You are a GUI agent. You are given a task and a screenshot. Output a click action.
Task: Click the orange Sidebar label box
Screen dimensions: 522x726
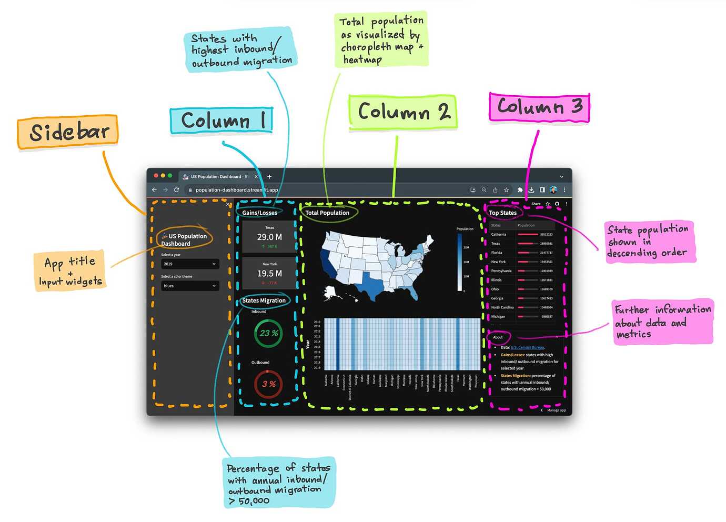pyautogui.click(x=67, y=132)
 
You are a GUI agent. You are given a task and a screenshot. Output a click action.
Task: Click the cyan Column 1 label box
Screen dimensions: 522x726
pyautogui.click(x=221, y=121)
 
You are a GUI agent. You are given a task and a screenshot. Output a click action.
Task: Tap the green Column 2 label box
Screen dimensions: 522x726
pyautogui.click(x=402, y=112)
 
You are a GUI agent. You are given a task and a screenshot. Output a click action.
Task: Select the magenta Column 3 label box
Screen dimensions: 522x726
pyautogui.click(x=539, y=107)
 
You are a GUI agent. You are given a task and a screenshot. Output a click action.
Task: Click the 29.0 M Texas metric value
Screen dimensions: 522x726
pyautogui.click(x=269, y=237)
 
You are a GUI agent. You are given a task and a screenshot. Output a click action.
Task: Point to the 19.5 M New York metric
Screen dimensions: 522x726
pyautogui.click(x=269, y=274)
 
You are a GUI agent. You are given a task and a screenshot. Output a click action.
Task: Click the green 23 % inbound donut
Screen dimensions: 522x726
pyautogui.click(x=268, y=333)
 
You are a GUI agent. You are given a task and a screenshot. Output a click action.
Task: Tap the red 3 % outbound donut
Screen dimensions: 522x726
pyautogui.click(x=268, y=384)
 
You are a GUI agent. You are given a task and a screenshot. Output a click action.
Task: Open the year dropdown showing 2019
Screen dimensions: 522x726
pyautogui.click(x=190, y=264)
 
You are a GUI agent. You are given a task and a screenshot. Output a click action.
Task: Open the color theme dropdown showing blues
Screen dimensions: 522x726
pyautogui.click(x=190, y=286)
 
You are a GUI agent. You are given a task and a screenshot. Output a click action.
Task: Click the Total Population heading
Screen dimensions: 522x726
pyautogui.click(x=327, y=213)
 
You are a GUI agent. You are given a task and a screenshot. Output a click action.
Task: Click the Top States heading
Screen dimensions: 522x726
pyautogui.click(x=502, y=213)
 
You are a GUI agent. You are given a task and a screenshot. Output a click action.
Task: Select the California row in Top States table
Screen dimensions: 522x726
pyautogui.click(x=499, y=234)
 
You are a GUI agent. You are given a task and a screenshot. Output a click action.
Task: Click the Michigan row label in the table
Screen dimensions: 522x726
pyautogui.click(x=498, y=316)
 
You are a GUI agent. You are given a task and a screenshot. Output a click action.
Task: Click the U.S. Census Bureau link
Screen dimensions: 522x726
pyautogui.click(x=527, y=347)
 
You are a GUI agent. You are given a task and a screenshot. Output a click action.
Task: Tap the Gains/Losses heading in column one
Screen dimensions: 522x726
pyautogui.click(x=259, y=213)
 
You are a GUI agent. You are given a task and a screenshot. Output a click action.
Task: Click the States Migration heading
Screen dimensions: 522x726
pyautogui.click(x=264, y=300)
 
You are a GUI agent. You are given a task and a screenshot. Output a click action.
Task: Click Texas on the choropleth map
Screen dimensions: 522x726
pyautogui.click(x=373, y=285)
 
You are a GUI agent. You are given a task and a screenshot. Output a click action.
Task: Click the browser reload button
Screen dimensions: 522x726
pyautogui.click(x=176, y=190)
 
